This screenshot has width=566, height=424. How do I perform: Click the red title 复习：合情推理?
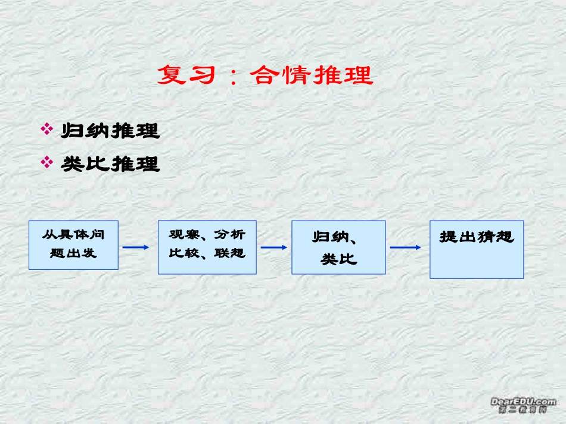pyautogui.click(x=265, y=76)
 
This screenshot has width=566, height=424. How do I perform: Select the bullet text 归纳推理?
pyautogui.click(x=111, y=131)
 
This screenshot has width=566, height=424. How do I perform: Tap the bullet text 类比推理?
pyautogui.click(x=111, y=164)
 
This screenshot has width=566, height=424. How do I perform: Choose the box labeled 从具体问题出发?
pyautogui.click(x=73, y=245)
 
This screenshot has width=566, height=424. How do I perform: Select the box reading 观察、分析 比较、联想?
pyautogui.click(x=207, y=247)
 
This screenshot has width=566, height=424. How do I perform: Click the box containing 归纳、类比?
pyautogui.click(x=338, y=247)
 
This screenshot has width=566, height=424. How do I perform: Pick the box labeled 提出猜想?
pyautogui.click(x=477, y=249)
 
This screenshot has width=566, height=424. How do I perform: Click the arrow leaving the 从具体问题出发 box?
pyautogui.click(x=135, y=247)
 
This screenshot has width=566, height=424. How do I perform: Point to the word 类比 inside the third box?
pyautogui.click(x=338, y=260)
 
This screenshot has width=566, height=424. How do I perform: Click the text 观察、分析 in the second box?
pyautogui.click(x=207, y=235)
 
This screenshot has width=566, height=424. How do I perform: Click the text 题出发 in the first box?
pyautogui.click(x=73, y=253)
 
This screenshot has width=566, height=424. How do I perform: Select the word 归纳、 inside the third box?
pyautogui.click(x=335, y=237)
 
